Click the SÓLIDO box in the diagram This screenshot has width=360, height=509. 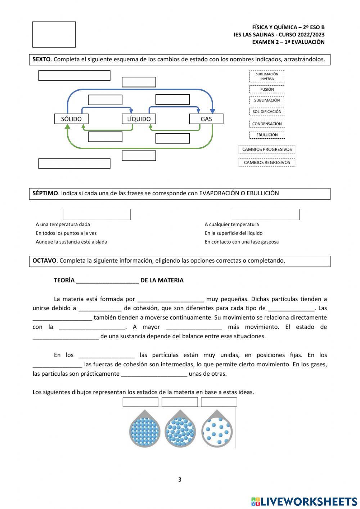coord(71,119)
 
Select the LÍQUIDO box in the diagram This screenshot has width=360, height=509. coord(139,119)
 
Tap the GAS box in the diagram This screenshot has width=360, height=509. coord(206,119)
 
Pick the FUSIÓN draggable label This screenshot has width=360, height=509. coord(267,89)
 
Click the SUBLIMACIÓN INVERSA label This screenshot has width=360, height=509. coord(267,76)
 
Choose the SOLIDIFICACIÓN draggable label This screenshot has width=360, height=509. coord(267,112)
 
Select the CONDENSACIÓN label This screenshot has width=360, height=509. coord(267,124)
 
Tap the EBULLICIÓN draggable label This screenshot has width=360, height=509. coord(267,135)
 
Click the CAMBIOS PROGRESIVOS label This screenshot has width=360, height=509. coord(267,149)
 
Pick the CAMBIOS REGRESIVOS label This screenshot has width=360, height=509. coord(267,162)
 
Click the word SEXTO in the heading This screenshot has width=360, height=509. coord(41,59)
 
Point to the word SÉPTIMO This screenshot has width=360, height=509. coord(45,193)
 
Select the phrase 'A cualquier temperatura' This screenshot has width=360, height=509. coord(231,224)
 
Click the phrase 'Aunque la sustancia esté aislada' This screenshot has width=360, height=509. coord(71,242)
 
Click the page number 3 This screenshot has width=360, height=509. coord(180,479)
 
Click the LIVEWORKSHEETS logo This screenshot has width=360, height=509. coord(304,501)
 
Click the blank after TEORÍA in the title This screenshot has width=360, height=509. coord(107,281)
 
